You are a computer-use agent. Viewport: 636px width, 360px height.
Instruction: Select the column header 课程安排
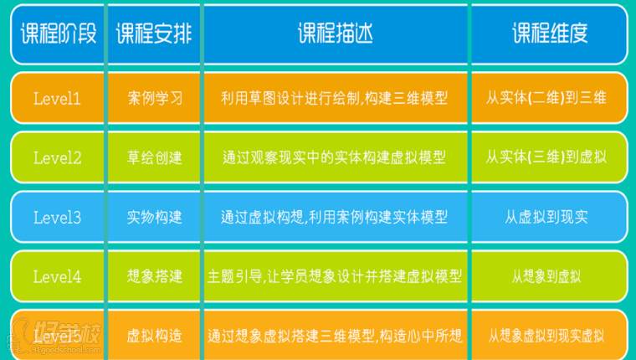click(154, 34)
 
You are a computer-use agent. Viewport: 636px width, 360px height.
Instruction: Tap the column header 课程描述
click(335, 34)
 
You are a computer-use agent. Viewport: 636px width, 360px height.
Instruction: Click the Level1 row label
click(57, 98)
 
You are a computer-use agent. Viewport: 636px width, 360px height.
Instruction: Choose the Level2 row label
click(57, 157)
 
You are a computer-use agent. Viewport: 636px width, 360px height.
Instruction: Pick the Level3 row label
click(57, 218)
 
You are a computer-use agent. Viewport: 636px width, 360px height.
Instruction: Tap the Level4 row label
click(57, 276)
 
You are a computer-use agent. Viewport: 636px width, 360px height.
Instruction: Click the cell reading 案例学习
click(155, 98)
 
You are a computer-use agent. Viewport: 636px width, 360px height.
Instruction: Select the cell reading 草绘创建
click(155, 157)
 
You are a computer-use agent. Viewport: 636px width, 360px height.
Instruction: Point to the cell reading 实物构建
click(155, 218)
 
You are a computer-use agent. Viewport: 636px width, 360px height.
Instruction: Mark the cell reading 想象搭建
click(155, 276)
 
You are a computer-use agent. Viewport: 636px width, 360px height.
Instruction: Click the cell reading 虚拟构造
click(155, 337)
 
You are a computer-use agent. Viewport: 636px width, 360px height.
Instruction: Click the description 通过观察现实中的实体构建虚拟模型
click(334, 157)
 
